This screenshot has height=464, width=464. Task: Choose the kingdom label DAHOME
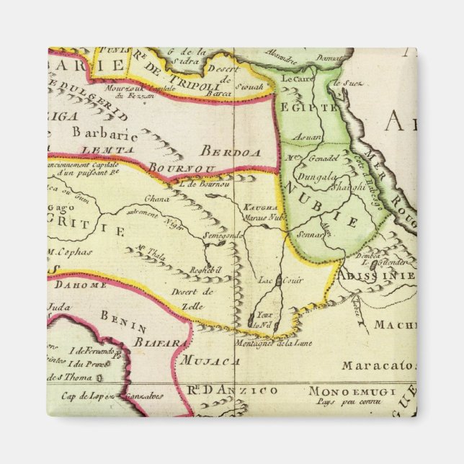[x=78, y=285]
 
